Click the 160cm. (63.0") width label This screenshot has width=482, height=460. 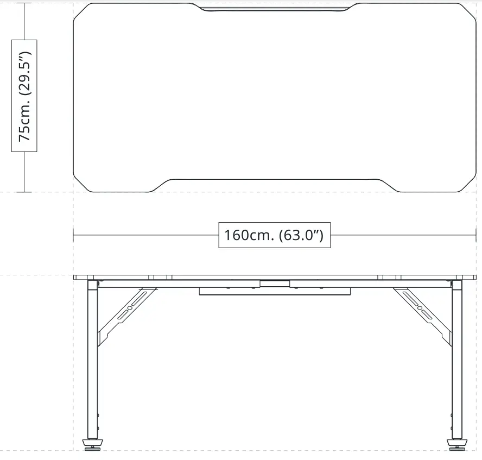pyautogui.click(x=274, y=235)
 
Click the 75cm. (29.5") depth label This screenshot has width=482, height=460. pyautogui.click(x=24, y=96)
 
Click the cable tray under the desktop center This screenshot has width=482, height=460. pyautogui.click(x=274, y=291)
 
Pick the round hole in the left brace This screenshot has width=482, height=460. pyautogui.click(x=129, y=308)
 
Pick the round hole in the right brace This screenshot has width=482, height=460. pyautogui.click(x=419, y=308)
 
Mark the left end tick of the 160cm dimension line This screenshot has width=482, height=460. pyautogui.click(x=73, y=235)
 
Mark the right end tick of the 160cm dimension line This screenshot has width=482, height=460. pyautogui.click(x=475, y=235)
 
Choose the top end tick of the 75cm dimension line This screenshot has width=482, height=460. pyautogui.click(x=24, y=3)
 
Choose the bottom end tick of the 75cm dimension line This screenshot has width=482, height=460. pyautogui.click(x=24, y=192)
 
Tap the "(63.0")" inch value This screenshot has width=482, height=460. pyautogui.click(x=301, y=235)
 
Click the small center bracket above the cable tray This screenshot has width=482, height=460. pyautogui.click(x=275, y=283)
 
